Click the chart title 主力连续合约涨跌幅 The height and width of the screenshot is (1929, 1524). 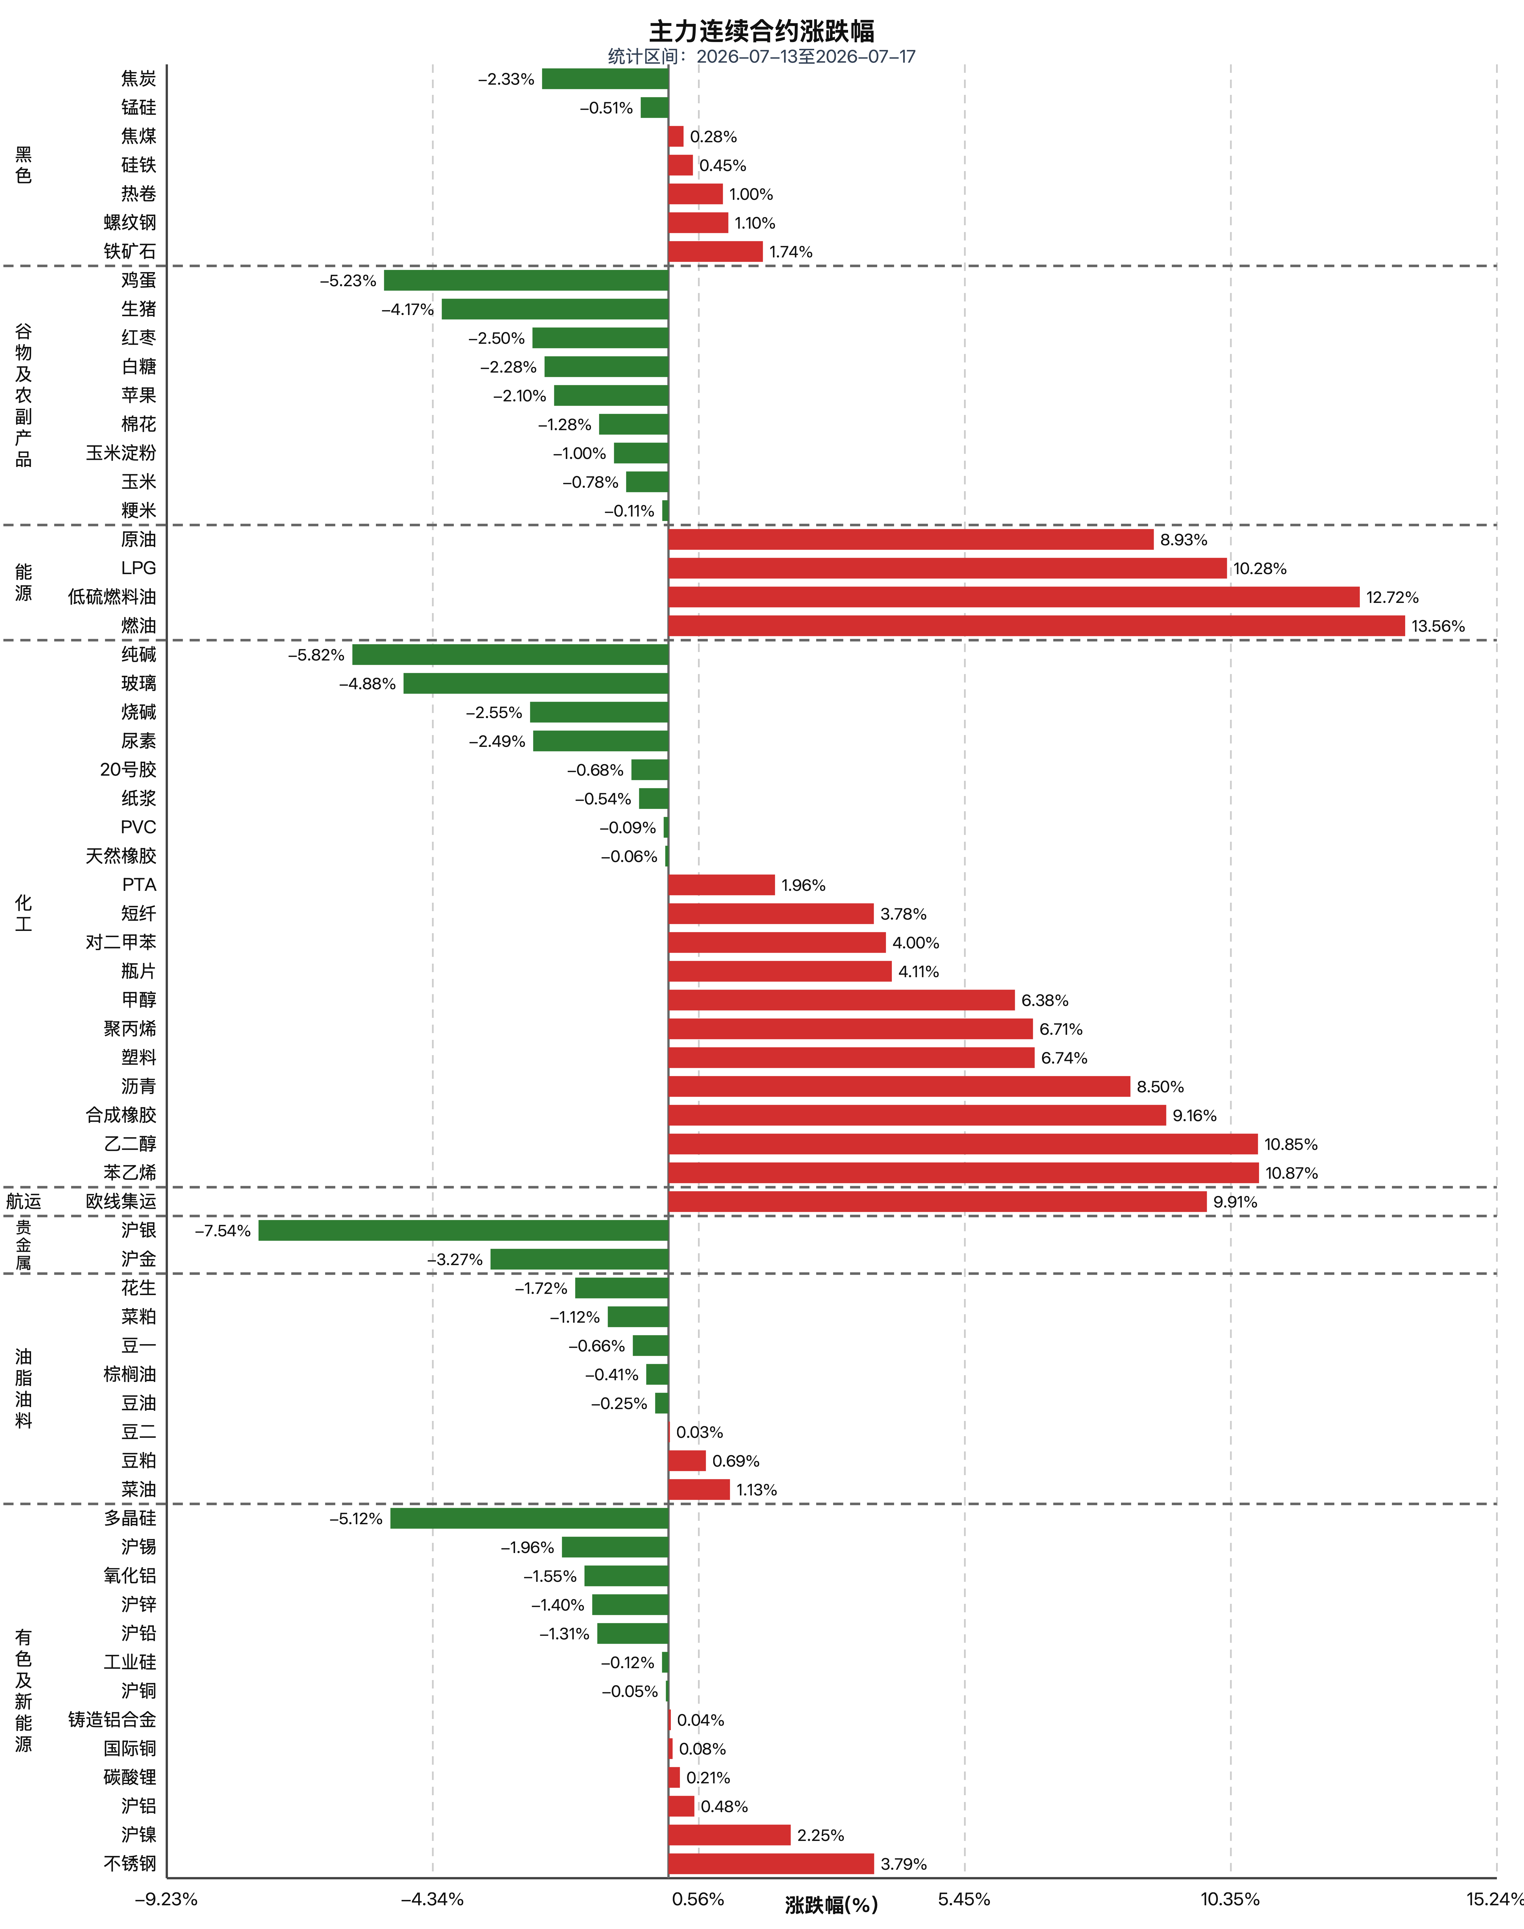(761, 31)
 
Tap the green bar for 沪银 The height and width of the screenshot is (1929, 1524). (463, 1230)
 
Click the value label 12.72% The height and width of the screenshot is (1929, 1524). (1392, 597)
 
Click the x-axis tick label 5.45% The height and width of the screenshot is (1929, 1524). (964, 1899)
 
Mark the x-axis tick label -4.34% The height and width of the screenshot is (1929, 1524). (433, 1899)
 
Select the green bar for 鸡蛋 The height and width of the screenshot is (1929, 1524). (526, 280)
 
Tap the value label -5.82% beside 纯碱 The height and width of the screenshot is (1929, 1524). (316, 655)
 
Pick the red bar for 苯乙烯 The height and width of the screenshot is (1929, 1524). (964, 1173)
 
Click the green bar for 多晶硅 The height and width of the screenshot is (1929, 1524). (529, 1518)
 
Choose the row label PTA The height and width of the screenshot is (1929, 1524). (139, 884)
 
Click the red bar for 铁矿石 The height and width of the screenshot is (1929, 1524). (716, 251)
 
